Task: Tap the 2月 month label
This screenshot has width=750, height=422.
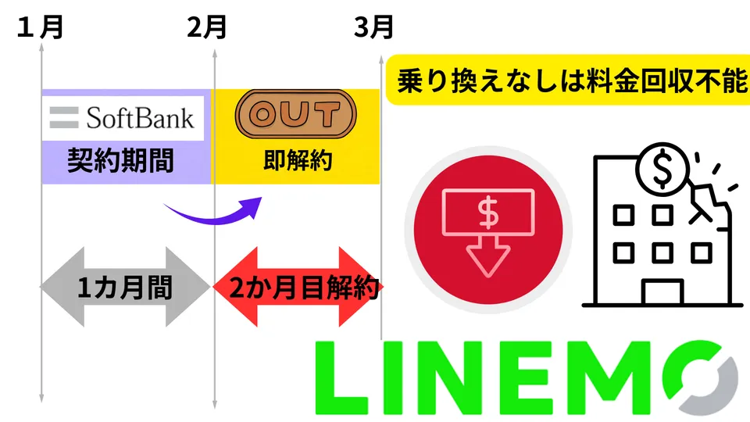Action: pyautogui.click(x=207, y=28)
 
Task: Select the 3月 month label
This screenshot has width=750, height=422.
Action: pyautogui.click(x=373, y=28)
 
